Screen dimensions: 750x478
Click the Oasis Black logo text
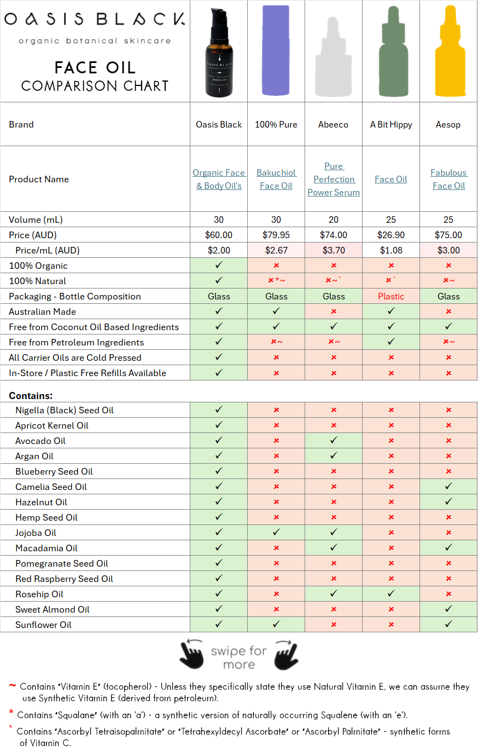(94, 20)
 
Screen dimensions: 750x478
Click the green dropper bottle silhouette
(391, 55)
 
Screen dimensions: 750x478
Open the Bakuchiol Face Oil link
(276, 179)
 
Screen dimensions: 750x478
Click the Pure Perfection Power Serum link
(334, 179)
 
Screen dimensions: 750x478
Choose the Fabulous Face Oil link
(448, 179)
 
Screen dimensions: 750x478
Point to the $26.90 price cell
(391, 235)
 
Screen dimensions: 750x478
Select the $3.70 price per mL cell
(334, 250)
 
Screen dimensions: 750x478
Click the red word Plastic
(391, 296)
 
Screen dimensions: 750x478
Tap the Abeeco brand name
(334, 124)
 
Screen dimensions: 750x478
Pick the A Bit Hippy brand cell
(391, 124)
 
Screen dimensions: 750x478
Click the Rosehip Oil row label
(39, 594)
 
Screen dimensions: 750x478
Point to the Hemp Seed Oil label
(46, 517)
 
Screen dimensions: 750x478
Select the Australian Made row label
(42, 311)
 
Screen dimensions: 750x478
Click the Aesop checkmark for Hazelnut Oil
(448, 502)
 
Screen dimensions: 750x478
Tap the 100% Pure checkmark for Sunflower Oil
(276, 625)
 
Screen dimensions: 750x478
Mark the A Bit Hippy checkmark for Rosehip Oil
(391, 594)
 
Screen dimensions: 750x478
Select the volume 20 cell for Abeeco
(334, 220)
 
